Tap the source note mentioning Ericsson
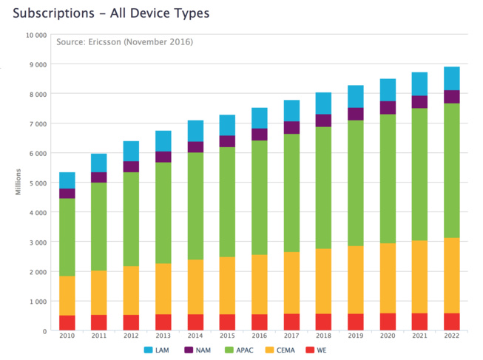click(124, 42)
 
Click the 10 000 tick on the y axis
click(35, 35)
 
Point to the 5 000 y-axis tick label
click(36, 183)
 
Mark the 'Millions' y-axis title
click(18, 183)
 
